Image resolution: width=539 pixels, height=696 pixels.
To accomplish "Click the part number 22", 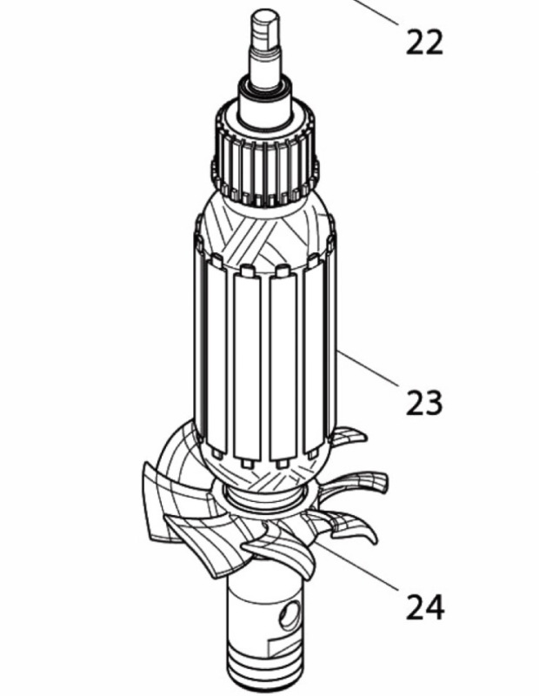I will [424, 42].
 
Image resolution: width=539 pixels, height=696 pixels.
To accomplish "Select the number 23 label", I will [424, 403].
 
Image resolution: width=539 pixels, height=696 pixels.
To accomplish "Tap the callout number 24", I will [424, 606].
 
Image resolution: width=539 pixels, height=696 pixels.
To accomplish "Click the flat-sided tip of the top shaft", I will [265, 21].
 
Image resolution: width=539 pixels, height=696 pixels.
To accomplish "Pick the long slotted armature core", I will [261, 357].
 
